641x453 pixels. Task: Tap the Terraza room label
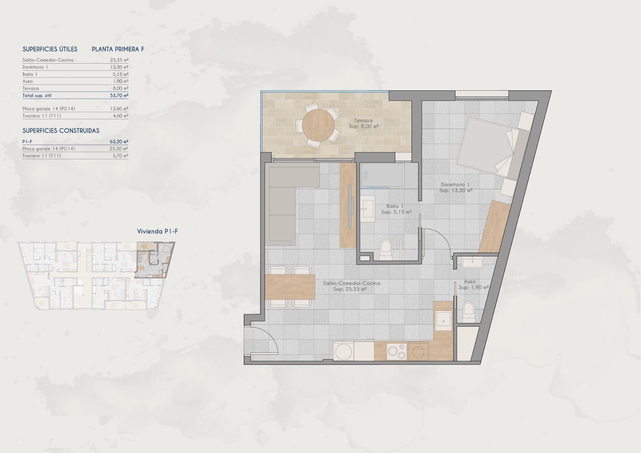[363, 121]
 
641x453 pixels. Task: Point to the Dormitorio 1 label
[455, 185]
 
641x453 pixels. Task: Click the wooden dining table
[290, 287]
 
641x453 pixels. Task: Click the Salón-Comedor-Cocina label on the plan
[351, 283]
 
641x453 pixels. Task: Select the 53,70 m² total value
[120, 95]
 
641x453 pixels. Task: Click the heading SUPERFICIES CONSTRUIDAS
[61, 131]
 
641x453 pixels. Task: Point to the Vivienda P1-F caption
[157, 232]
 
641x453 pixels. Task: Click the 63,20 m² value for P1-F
[120, 141]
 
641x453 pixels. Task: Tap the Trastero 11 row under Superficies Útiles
[42, 116]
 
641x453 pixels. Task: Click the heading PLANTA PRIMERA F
[118, 49]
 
